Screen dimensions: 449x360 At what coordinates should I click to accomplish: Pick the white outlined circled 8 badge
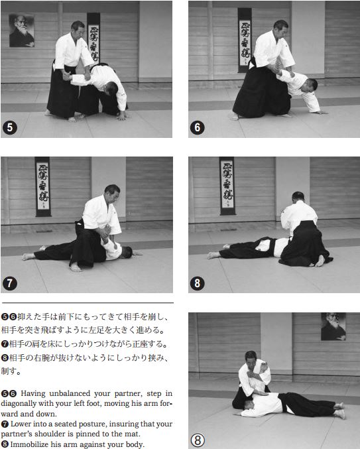(200, 438)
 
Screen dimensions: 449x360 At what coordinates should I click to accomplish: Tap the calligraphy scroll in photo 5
(93, 39)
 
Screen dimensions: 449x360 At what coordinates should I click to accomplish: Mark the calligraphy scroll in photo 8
(227, 186)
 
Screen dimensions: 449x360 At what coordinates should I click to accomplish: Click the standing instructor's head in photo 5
(78, 29)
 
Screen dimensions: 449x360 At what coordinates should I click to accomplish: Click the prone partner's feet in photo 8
(213, 254)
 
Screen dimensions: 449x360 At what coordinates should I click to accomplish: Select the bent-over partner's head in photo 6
(310, 86)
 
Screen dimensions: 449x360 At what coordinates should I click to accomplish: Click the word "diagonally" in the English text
(25, 402)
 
